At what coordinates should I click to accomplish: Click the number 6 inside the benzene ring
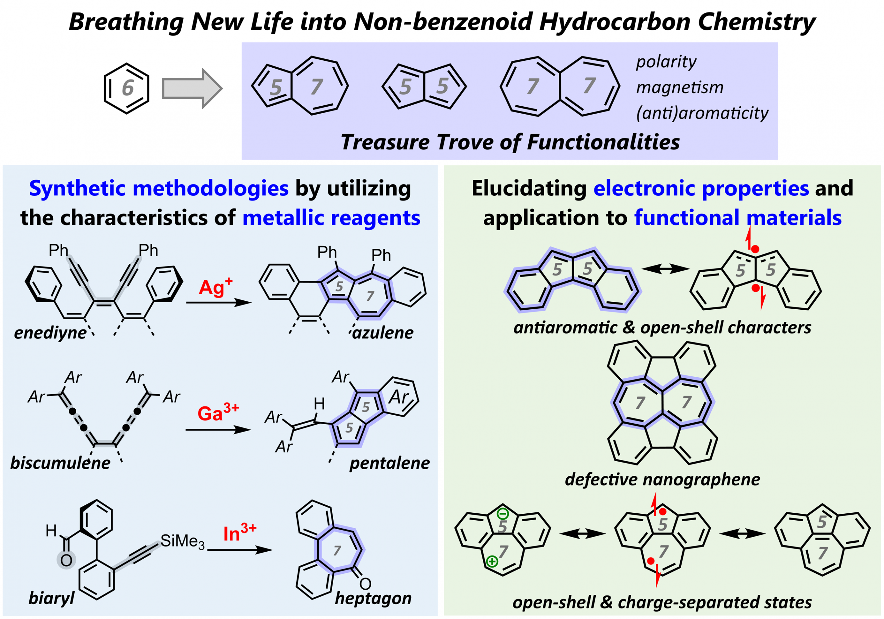click(127, 88)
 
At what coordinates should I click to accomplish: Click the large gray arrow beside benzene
click(192, 88)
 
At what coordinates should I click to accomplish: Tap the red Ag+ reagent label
click(215, 287)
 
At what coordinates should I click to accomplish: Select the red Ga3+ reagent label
click(218, 412)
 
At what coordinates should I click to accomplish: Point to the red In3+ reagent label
click(240, 533)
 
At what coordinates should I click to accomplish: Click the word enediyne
click(50, 332)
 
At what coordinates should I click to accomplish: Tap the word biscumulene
click(60, 463)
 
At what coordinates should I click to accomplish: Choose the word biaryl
click(51, 598)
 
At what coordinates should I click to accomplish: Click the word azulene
click(383, 332)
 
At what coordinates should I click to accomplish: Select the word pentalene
click(390, 463)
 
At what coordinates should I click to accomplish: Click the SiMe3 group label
click(183, 541)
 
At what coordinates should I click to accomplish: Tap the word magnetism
click(680, 88)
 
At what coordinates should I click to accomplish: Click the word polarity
click(666, 62)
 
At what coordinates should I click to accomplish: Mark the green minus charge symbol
click(503, 513)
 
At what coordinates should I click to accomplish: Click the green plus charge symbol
click(492, 562)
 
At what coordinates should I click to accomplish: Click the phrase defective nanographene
click(662, 480)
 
